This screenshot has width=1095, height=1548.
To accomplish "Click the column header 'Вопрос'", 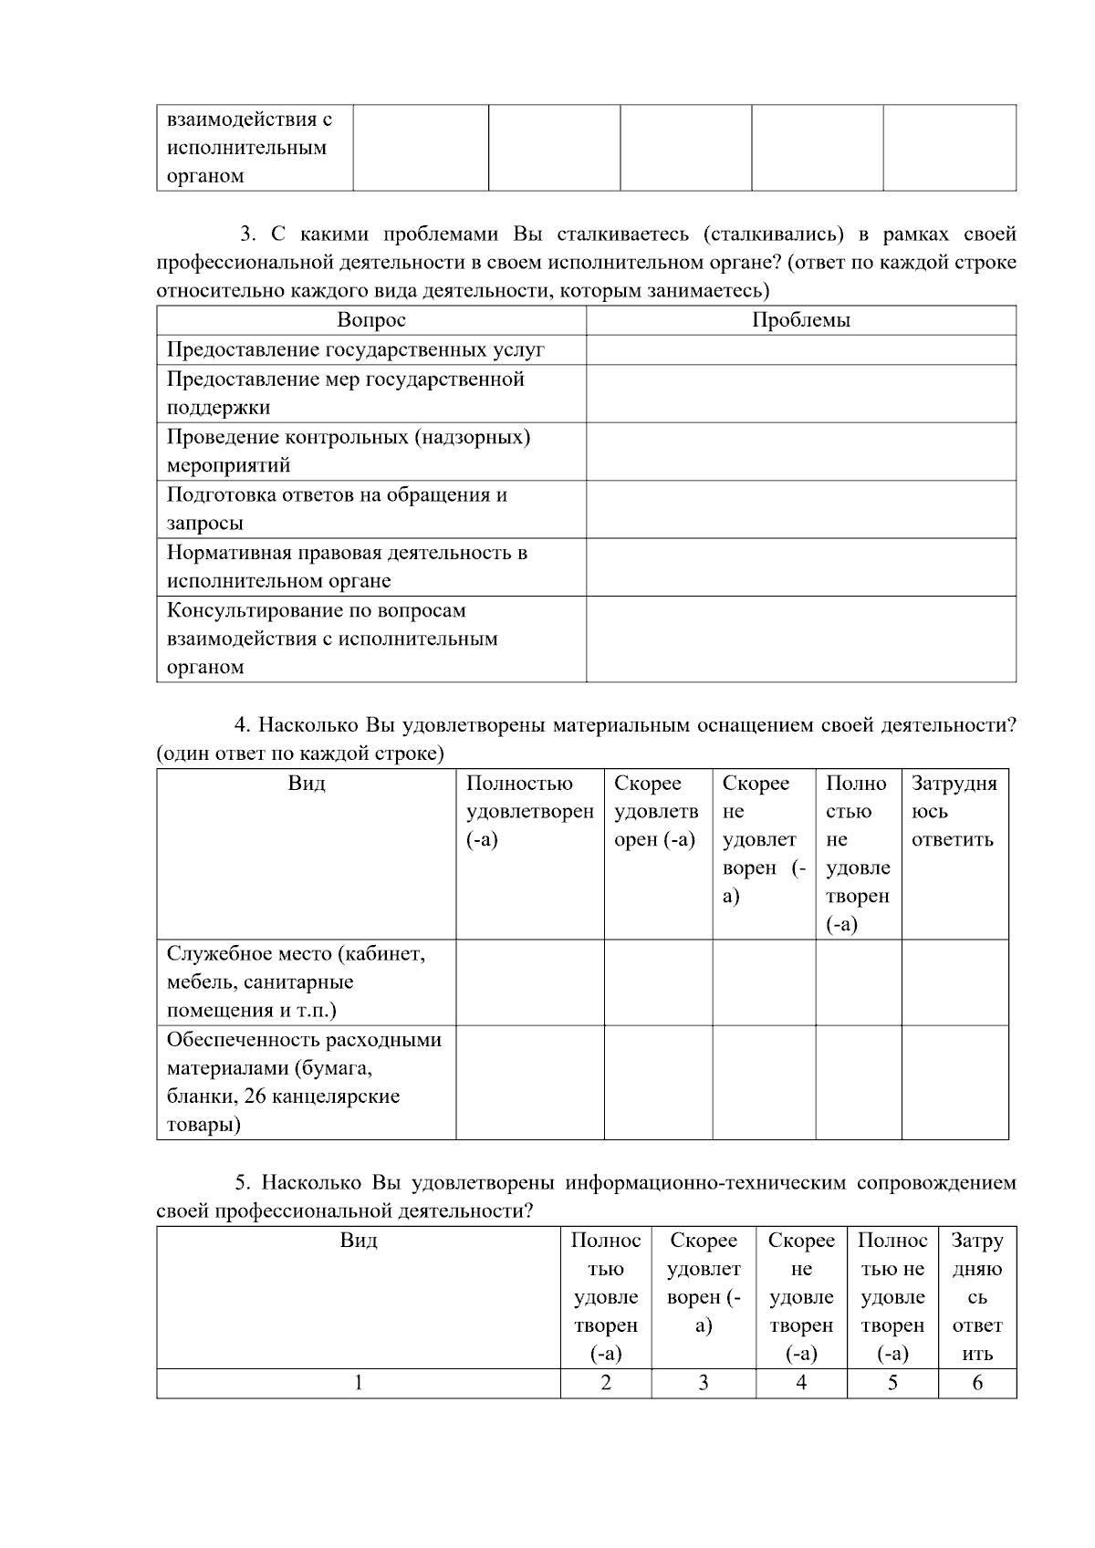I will point(370,320).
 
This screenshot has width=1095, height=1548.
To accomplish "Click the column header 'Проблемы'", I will point(800,320).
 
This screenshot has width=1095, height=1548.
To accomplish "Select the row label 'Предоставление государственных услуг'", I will point(355,349).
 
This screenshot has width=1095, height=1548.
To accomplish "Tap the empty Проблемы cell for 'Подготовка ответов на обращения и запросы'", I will point(800,509).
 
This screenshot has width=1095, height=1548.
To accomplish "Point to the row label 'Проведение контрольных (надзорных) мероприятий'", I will point(348,451).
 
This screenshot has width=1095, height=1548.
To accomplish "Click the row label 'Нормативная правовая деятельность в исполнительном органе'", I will point(347,566).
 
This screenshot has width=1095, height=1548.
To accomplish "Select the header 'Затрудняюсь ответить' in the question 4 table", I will point(954,811).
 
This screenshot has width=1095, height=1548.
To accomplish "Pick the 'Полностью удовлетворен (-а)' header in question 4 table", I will point(529,811).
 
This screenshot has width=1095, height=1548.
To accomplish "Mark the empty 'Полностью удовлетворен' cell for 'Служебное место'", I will point(529,982).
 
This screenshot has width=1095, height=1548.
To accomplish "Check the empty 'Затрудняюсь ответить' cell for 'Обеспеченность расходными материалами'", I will point(954,1082).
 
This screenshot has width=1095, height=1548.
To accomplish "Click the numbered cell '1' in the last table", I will point(358,1383).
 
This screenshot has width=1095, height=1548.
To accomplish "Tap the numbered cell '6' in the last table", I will point(976,1383).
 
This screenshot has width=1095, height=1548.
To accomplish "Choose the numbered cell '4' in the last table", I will point(800,1383).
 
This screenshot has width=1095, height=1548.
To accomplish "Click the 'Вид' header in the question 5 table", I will point(358,1241).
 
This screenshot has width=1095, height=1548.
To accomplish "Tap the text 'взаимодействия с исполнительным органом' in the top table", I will point(247,148).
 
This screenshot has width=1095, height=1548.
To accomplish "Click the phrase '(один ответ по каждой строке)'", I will point(300,753).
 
